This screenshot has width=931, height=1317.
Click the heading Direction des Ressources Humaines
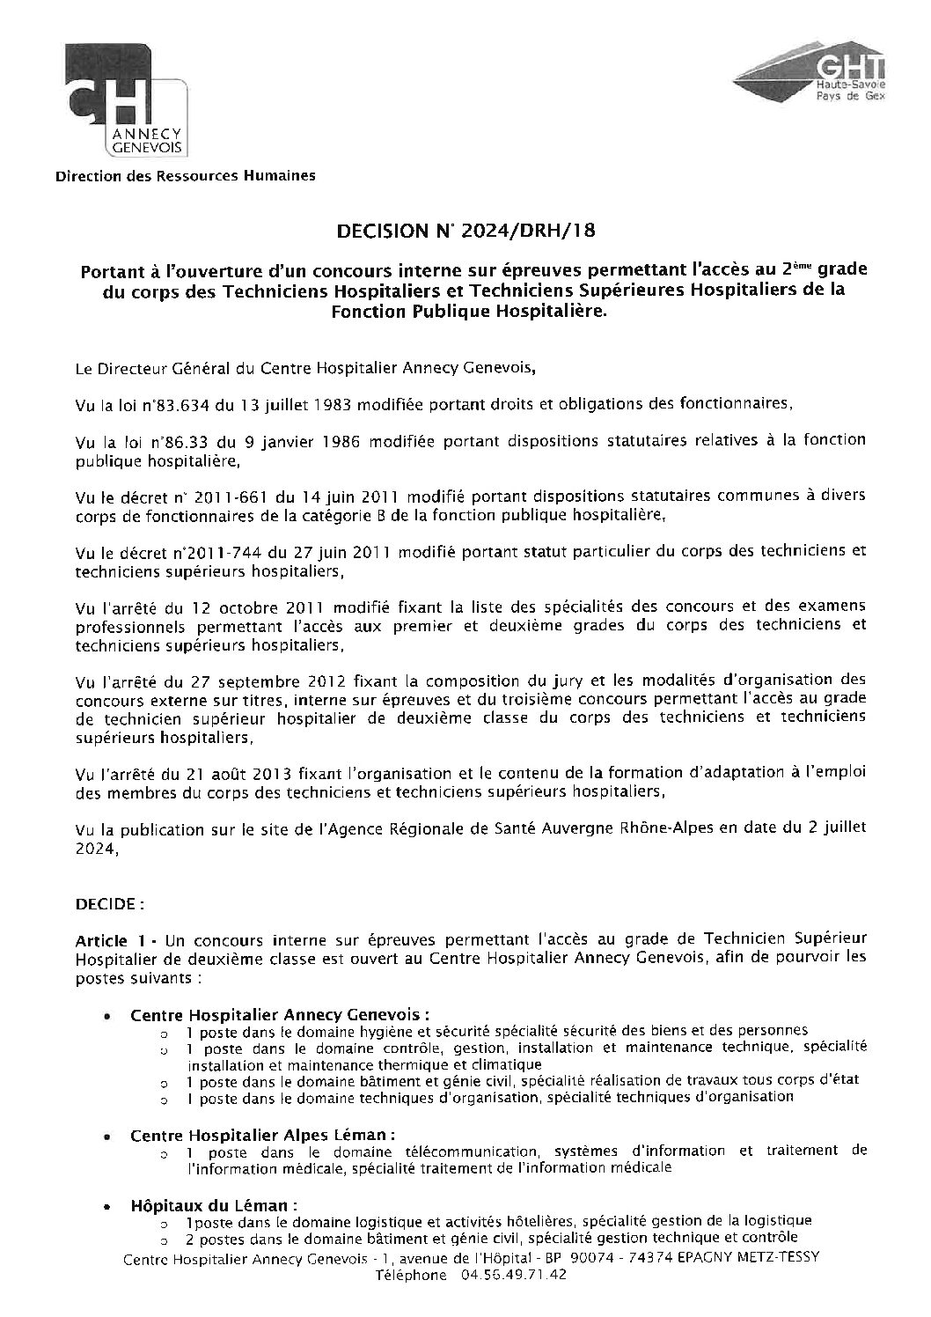(185, 176)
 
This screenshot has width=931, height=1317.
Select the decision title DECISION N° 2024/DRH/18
(467, 232)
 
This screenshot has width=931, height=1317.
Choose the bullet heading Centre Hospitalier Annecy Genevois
(279, 1014)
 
